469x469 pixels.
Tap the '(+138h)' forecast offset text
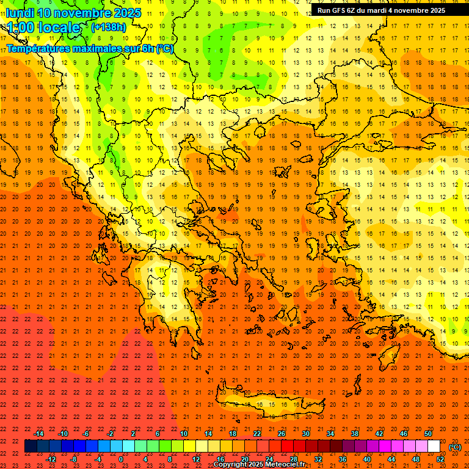pyautogui.click(x=109, y=27)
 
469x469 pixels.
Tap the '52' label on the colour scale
pyautogui.click(x=440, y=459)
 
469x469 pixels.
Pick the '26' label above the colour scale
pyautogui.click(x=282, y=433)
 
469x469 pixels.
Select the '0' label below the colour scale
pyautogui.click(x=121, y=459)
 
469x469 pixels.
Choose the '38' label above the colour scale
pyautogui.click(x=354, y=433)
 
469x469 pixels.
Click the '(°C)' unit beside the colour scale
pyautogui.click(x=455, y=447)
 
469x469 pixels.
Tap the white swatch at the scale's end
pyautogui.click(x=434, y=446)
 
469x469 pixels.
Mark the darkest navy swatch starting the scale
pyautogui.click(x=31, y=446)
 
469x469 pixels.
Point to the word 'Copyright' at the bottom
pyautogui.click(x=232, y=465)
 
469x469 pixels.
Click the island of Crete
pyautogui.click(x=269, y=404)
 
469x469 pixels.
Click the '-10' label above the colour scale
pyautogui.click(x=63, y=433)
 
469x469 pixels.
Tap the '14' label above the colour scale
pyautogui.click(x=208, y=433)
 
